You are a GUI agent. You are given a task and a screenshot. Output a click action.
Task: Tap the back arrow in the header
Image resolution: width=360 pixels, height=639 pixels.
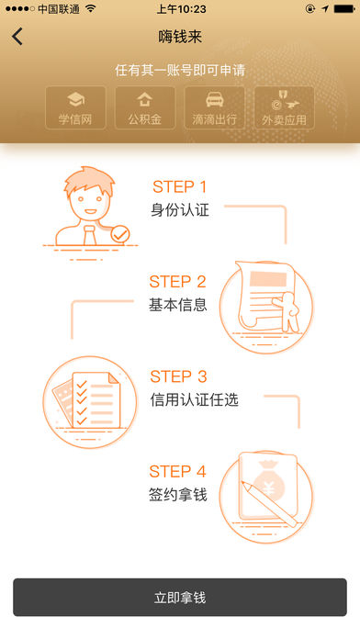pyautogui.click(x=17, y=37)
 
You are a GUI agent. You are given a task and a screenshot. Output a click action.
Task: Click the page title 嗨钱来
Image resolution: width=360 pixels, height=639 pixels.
pyautogui.click(x=180, y=37)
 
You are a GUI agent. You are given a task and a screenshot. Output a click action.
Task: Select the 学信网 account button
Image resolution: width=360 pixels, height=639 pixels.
pyautogui.click(x=75, y=107)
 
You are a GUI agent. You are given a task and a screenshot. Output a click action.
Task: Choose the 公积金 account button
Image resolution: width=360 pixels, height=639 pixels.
pyautogui.click(x=145, y=107)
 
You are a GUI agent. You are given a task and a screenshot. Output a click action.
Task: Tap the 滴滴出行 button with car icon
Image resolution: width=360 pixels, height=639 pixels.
pyautogui.click(x=215, y=107)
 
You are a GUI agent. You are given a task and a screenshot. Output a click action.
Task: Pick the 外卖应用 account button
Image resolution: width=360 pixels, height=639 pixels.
pyautogui.click(x=284, y=107)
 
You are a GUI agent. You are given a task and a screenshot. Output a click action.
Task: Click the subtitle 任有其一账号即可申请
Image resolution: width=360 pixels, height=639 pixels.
pyautogui.click(x=180, y=70)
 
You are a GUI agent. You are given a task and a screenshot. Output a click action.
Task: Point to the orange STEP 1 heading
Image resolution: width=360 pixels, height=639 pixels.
pyautogui.click(x=180, y=186)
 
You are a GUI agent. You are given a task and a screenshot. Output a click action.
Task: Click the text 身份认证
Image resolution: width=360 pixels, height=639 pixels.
pyautogui.click(x=180, y=210)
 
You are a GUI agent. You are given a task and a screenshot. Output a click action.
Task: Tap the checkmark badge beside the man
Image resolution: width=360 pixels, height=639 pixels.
pyautogui.click(x=120, y=234)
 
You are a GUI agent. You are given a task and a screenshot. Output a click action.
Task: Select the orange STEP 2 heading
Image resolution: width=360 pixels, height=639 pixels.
pyautogui.click(x=178, y=282)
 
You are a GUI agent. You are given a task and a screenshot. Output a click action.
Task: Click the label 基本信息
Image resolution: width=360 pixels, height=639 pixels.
pyautogui.click(x=178, y=305)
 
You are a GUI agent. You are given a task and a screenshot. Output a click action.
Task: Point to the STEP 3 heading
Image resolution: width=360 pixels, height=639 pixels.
pyautogui.click(x=178, y=376)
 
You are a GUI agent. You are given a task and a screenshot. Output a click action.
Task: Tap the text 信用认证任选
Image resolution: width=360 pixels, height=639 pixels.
pyautogui.click(x=194, y=399)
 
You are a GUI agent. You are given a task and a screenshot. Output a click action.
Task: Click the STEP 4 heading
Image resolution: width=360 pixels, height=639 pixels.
pyautogui.click(x=178, y=472)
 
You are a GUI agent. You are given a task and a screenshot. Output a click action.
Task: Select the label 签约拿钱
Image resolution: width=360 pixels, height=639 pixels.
pyautogui.click(x=178, y=495)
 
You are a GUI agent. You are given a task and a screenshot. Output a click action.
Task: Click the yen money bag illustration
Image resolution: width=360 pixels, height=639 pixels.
pyautogui.click(x=266, y=497)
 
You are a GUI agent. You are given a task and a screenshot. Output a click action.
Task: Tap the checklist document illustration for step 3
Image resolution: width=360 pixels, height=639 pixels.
pyautogui.click(x=90, y=402)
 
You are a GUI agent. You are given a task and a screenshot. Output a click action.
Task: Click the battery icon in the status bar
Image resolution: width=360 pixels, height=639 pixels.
pyautogui.click(x=344, y=9)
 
